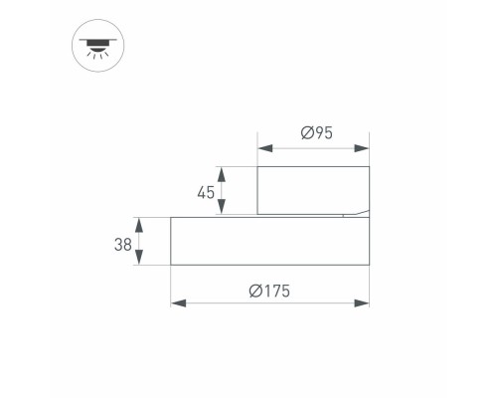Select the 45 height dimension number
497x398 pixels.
206,192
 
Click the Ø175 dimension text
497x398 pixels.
270,290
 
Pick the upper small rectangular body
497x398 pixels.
314,190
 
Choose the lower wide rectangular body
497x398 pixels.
270,241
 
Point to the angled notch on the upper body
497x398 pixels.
355,212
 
